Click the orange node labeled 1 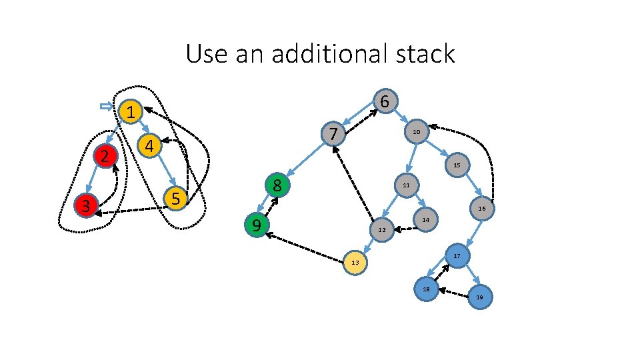point(132,112)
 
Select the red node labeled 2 point(105,157)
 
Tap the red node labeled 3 point(85,206)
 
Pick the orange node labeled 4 point(150,145)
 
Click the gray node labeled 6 point(385,101)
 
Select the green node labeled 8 point(277,185)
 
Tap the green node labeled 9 point(256,226)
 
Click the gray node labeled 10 point(416,132)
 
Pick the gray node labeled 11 point(406,185)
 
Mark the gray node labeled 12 point(381,230)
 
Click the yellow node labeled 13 point(355,263)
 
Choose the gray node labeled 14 point(425,220)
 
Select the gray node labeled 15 point(457,165)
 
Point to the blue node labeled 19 point(480,296)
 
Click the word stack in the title point(421,53)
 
